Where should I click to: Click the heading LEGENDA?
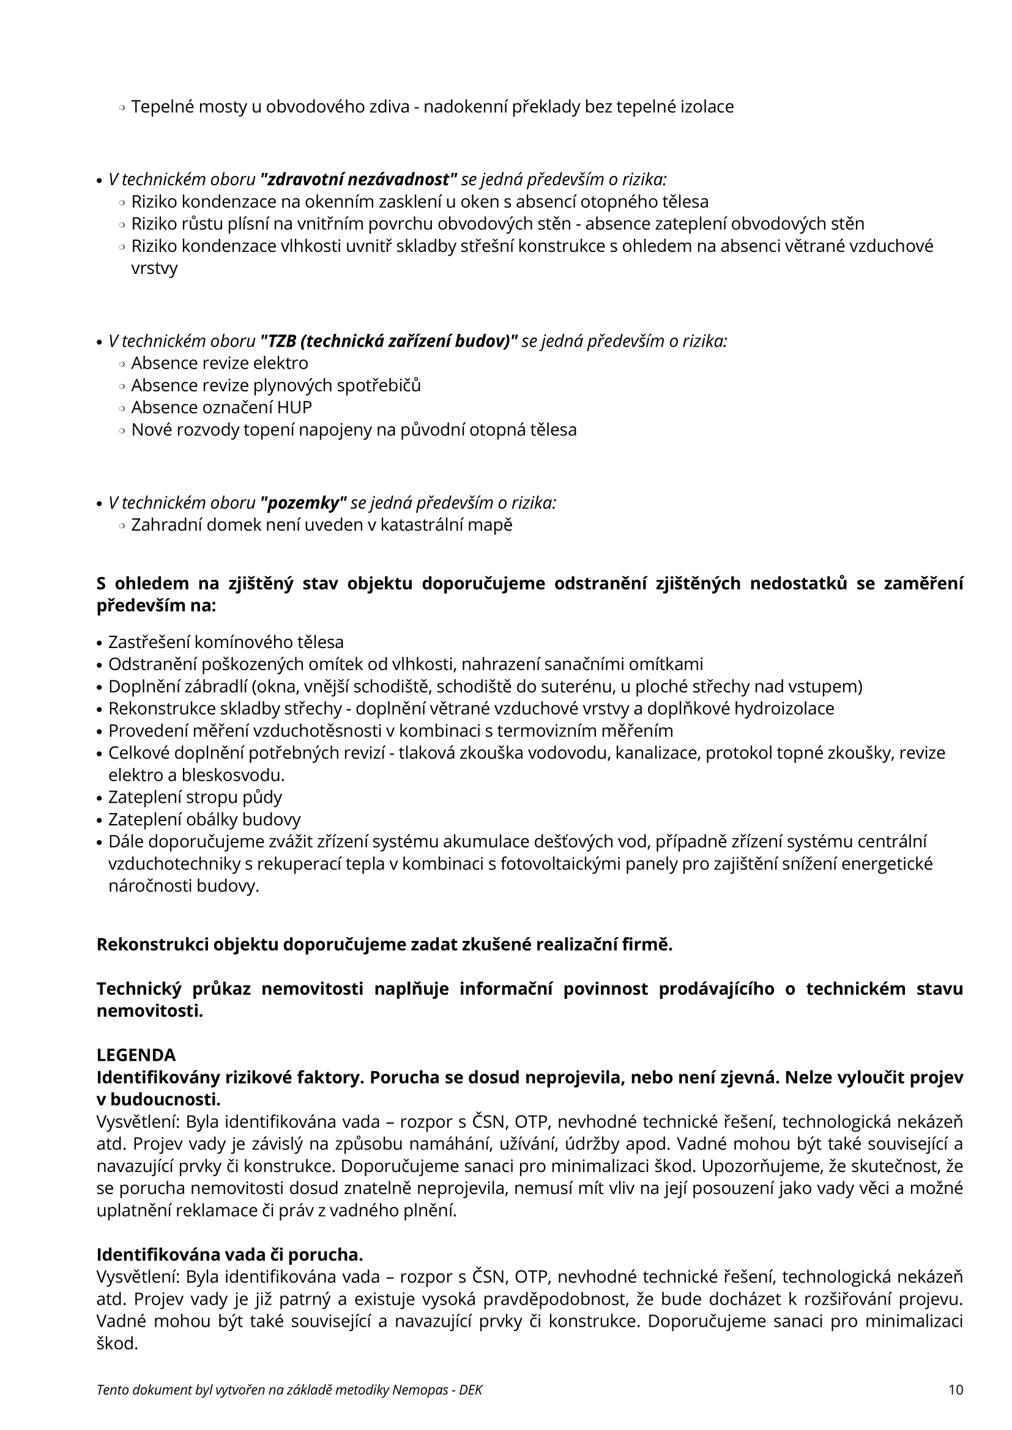(136, 1055)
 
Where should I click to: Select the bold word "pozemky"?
(303, 503)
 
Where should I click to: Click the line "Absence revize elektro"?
(220, 363)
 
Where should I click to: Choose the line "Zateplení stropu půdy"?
(195, 797)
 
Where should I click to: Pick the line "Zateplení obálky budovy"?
(204, 820)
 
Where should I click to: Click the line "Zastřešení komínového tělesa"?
(226, 642)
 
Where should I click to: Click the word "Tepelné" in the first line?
(162, 107)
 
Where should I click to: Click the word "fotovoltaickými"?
(628, 864)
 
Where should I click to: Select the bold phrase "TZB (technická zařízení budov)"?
(389, 341)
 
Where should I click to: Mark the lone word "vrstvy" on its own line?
(155, 268)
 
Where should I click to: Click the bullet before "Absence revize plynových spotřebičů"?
(122, 386)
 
